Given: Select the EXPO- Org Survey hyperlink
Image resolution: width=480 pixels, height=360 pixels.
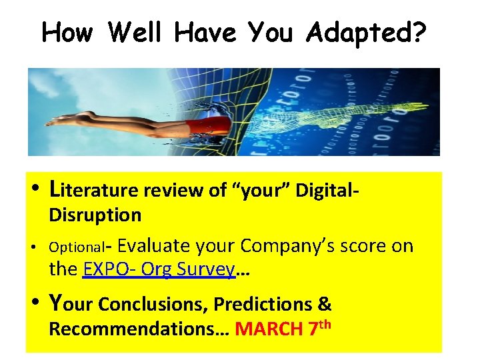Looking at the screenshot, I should pos(158,269).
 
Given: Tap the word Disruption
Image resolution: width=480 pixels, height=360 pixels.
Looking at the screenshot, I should pos(95,215).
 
